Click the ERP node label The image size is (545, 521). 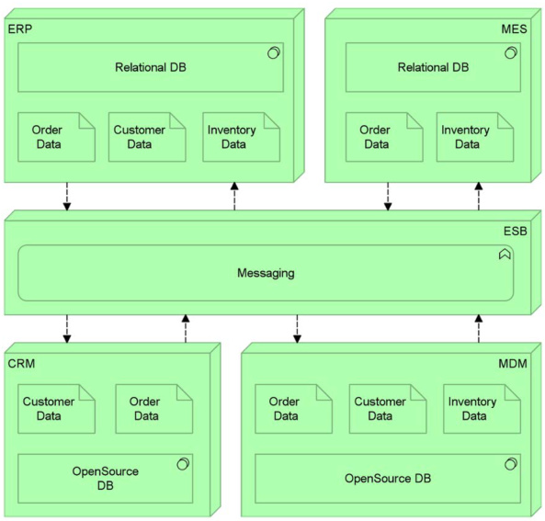click(20, 28)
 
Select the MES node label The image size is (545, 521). click(514, 28)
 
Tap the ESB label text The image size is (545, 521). click(515, 231)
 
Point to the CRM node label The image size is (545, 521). click(21, 364)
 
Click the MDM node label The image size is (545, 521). click(513, 364)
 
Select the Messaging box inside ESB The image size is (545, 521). click(266, 273)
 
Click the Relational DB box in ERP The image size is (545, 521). click(151, 67)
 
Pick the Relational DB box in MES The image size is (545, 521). click(433, 67)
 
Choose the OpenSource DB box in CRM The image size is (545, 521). click(106, 478)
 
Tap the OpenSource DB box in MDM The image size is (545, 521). click(388, 478)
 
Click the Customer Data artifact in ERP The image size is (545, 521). click(147, 137)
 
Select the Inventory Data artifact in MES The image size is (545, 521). click(475, 137)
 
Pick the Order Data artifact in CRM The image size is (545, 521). click(154, 409)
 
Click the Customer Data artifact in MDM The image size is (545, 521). click(388, 409)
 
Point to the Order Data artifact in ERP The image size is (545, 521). click(56, 137)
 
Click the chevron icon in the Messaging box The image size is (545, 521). click(505, 255)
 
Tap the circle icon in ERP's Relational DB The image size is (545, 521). click(274, 52)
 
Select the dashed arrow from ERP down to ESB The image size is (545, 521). click(67, 197)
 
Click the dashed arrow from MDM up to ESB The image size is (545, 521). click(479, 328)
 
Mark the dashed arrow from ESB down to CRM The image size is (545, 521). click(67, 329)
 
